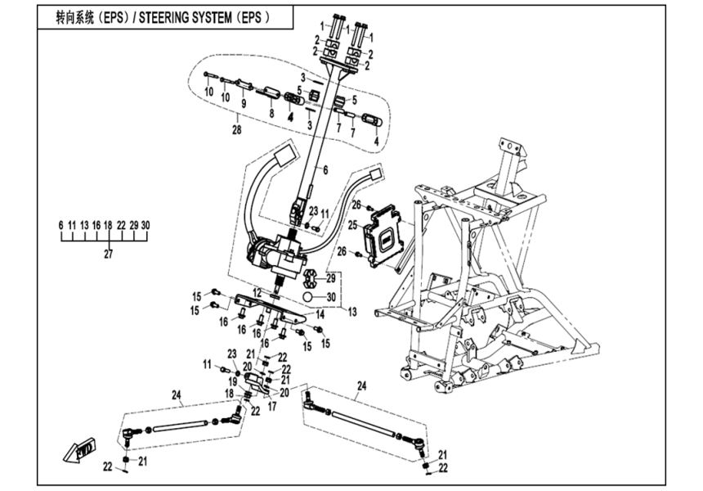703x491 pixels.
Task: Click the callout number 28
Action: click(x=235, y=130)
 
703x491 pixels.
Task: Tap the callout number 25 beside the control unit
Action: click(x=352, y=224)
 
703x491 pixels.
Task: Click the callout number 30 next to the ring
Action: click(x=331, y=296)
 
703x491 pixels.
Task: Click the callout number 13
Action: click(x=352, y=312)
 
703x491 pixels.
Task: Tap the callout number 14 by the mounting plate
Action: click(x=320, y=313)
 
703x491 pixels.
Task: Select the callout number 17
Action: click(x=272, y=404)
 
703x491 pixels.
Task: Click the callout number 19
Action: click(x=232, y=381)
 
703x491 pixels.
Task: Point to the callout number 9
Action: click(x=242, y=104)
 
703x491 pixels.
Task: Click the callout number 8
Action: click(x=271, y=114)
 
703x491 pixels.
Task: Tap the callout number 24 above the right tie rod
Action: click(x=360, y=385)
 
